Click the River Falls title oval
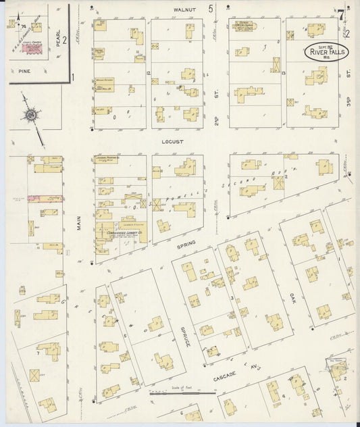pyautogui.click(x=326, y=51)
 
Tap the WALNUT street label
pyautogui.click(x=184, y=10)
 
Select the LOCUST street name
pyautogui.click(x=173, y=142)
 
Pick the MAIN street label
pyautogui.click(x=78, y=223)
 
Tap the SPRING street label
pyautogui.click(x=186, y=249)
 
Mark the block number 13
pyautogui.click(x=284, y=72)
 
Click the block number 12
pyautogui.click(x=148, y=72)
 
